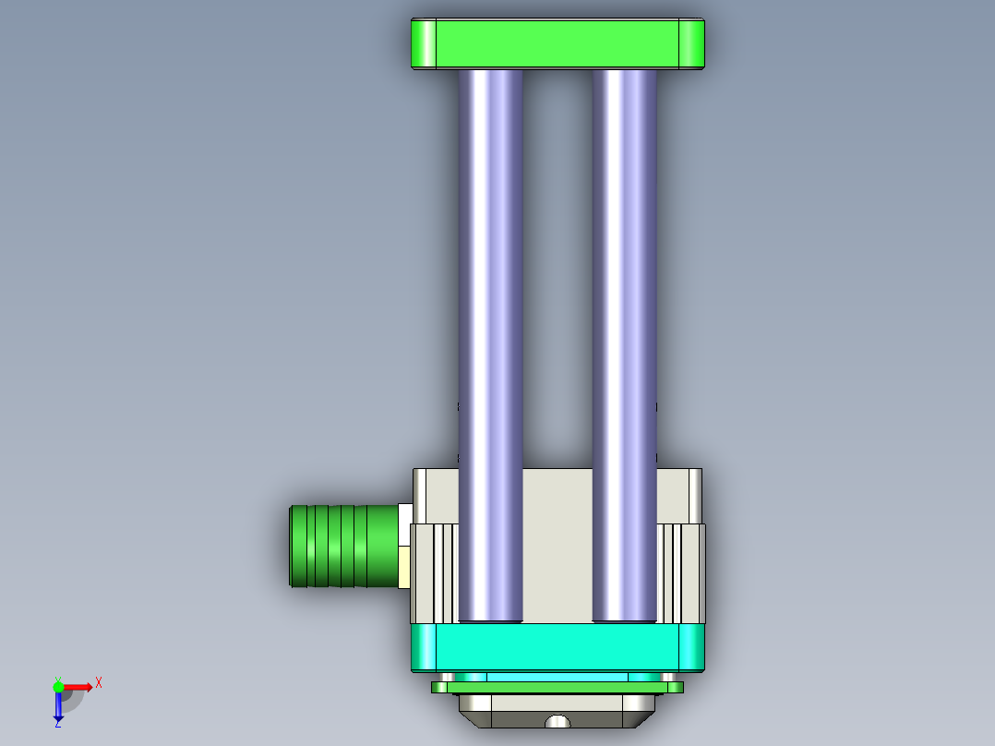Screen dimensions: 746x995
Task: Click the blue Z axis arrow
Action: tap(58, 707)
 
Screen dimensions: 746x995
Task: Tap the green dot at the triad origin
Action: tap(58, 686)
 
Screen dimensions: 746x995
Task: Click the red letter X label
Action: tap(98, 682)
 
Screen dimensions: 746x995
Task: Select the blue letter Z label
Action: tap(57, 725)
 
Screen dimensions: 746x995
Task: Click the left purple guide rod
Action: tap(490, 323)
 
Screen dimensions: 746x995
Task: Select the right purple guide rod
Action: tap(624, 323)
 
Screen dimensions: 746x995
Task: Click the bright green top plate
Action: tap(557, 43)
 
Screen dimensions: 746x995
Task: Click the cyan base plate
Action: tap(557, 647)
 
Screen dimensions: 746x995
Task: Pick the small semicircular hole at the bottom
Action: tap(557, 722)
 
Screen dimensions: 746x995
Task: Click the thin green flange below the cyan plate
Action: tap(557, 687)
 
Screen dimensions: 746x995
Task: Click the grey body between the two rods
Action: tap(557, 545)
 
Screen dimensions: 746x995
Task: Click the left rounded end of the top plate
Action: tap(424, 43)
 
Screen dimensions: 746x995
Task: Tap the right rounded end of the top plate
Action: tap(691, 43)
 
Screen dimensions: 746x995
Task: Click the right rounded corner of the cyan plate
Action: tap(692, 647)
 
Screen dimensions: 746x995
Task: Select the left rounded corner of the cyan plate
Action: tap(424, 647)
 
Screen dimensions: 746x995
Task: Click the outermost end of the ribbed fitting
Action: tap(294, 546)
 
